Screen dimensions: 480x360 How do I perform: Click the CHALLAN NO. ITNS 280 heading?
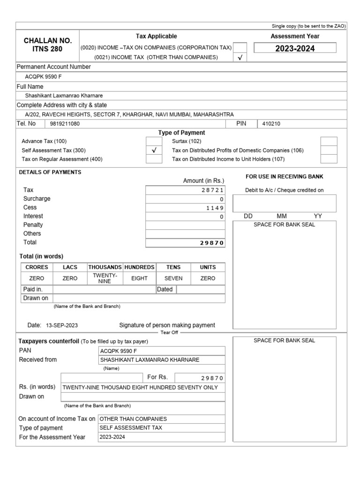point(47,45)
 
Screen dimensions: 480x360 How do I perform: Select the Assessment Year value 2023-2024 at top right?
point(295,48)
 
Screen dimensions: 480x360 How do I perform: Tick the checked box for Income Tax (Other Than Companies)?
point(240,58)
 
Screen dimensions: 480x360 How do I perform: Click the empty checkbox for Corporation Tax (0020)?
point(240,47)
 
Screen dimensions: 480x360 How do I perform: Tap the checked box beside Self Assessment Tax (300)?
point(154,150)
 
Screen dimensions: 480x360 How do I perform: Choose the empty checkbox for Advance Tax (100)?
point(154,141)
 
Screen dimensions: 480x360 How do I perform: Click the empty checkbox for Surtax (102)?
point(329,141)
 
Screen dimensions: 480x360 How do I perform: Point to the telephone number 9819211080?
point(65,124)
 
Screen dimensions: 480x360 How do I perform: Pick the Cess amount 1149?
point(215,208)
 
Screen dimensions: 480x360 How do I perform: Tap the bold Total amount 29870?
point(212,243)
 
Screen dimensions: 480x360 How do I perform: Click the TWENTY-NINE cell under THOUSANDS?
point(105,278)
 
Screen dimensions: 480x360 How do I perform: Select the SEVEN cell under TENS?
point(173,278)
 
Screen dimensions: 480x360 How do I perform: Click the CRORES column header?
point(37,267)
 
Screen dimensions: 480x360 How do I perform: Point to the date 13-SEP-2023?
point(62,325)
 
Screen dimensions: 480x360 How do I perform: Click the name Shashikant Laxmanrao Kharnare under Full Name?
point(64,96)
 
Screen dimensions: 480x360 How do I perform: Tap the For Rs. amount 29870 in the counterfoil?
point(212,378)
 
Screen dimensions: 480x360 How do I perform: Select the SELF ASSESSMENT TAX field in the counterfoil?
point(123,428)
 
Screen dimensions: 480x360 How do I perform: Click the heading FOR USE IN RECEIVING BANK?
point(284,176)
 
